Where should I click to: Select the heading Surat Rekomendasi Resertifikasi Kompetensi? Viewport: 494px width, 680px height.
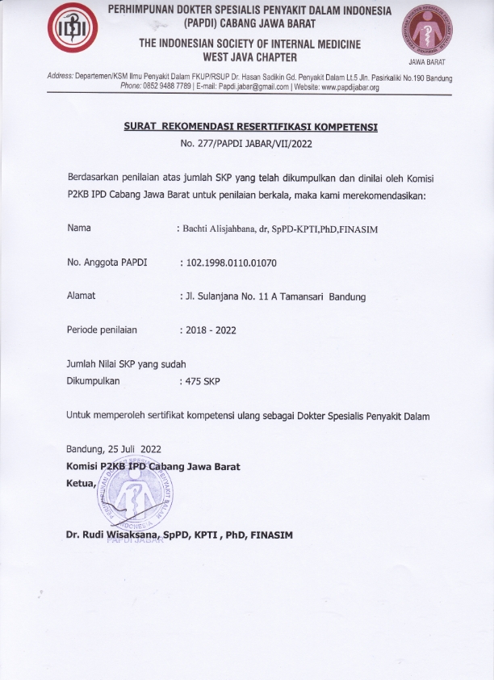click(250, 128)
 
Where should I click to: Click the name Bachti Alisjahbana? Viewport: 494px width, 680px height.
click(220, 229)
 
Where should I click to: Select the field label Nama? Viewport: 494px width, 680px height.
click(78, 229)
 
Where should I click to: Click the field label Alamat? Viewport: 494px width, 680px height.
click(81, 296)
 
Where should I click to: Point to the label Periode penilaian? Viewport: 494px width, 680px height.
click(102, 330)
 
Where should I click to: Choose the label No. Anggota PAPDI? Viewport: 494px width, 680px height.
click(103, 262)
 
